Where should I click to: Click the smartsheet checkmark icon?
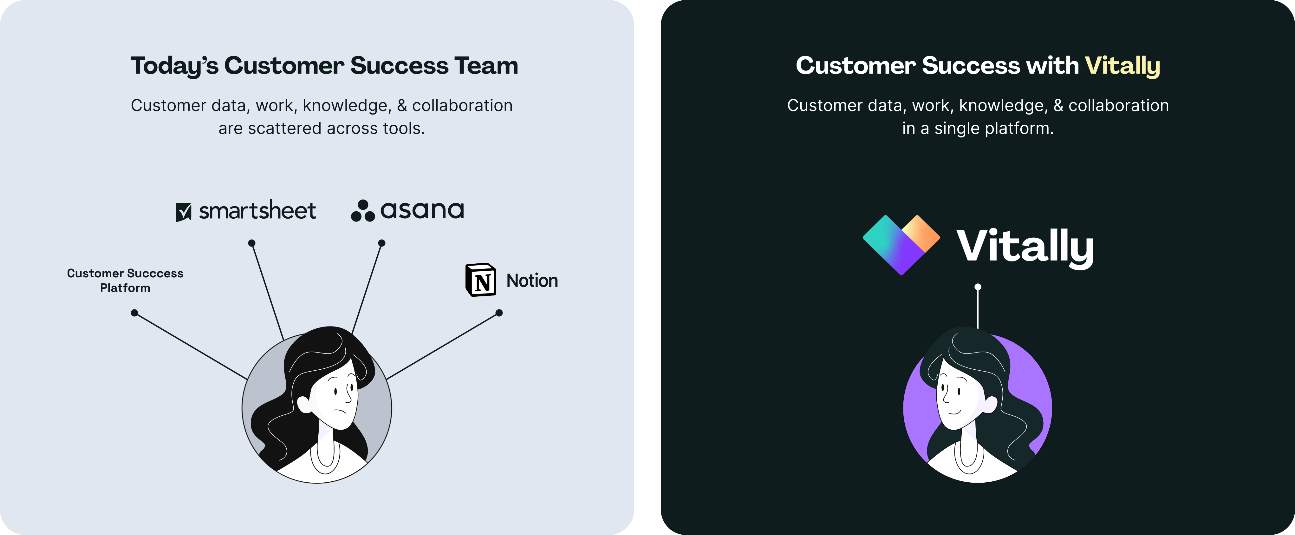tap(184, 212)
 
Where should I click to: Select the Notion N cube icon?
tap(481, 280)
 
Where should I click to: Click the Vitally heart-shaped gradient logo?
tap(901, 244)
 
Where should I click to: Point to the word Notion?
tap(532, 280)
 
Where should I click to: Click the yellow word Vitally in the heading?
tap(1122, 66)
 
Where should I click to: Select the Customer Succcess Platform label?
tap(125, 280)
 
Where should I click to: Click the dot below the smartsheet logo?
tap(252, 243)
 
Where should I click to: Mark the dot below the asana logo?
tap(381, 243)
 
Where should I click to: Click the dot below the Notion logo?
tap(499, 313)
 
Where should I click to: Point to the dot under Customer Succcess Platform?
tap(134, 313)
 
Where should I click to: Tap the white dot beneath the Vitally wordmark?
tap(978, 287)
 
